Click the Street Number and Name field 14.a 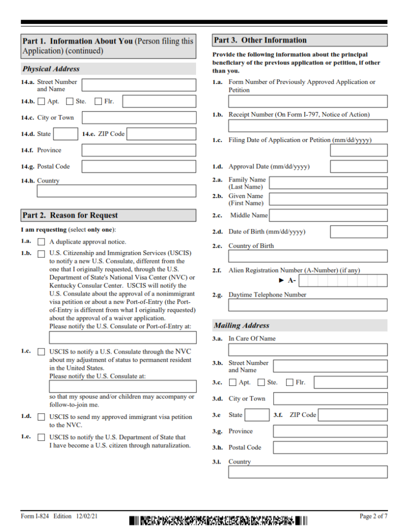pos(139,86)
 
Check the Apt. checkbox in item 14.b pos(41,102)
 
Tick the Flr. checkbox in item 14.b pos(99,102)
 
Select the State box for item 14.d pos(66,134)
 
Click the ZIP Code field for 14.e pos(161,134)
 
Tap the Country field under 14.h pos(116,191)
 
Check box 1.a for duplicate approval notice pos(41,242)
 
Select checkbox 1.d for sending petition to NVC pos(41,417)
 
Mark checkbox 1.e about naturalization pos(41,438)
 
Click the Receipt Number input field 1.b pos(308,126)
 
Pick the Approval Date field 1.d pos(358,166)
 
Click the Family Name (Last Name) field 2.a pos(328,183)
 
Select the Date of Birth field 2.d pos(358,232)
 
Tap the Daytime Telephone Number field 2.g pos(308,305)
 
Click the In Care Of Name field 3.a pos(308,350)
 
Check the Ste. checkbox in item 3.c pos(261,383)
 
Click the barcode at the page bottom pos(218,520)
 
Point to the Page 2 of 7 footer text pos(373,516)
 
